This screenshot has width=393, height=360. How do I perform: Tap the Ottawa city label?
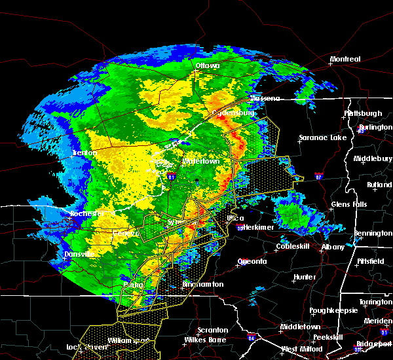207,66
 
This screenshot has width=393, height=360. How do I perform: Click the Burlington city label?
375,127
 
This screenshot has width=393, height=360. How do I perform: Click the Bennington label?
373,233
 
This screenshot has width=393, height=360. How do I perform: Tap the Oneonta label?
252,262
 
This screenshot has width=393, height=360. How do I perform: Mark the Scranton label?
213,330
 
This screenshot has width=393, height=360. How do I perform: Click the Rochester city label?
88,214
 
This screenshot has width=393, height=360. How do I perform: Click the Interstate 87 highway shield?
318,175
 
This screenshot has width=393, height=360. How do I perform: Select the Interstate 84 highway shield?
252,338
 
